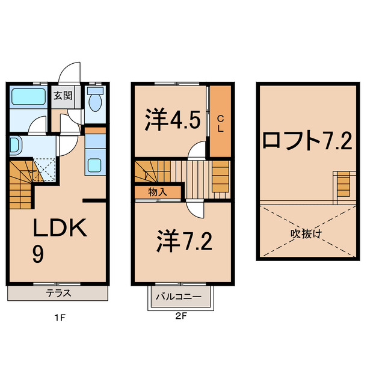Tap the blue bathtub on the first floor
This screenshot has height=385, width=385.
tap(27, 96)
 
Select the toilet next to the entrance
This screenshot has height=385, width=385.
tap(95, 100)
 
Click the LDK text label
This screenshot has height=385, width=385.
tap(60, 230)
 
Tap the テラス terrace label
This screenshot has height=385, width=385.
tap(60, 294)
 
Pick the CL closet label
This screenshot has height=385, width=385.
tap(220, 124)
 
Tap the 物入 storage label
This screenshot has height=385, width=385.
tap(157, 192)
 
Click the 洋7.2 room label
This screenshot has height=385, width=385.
tap(180, 241)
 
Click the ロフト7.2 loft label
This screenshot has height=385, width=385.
tap(307, 141)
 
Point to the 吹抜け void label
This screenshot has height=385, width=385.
tap(307, 232)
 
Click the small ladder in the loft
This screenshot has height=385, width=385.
tap(342, 183)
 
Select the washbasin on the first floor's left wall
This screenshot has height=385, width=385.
tap(15, 145)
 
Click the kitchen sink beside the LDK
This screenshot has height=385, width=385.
tap(94, 164)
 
